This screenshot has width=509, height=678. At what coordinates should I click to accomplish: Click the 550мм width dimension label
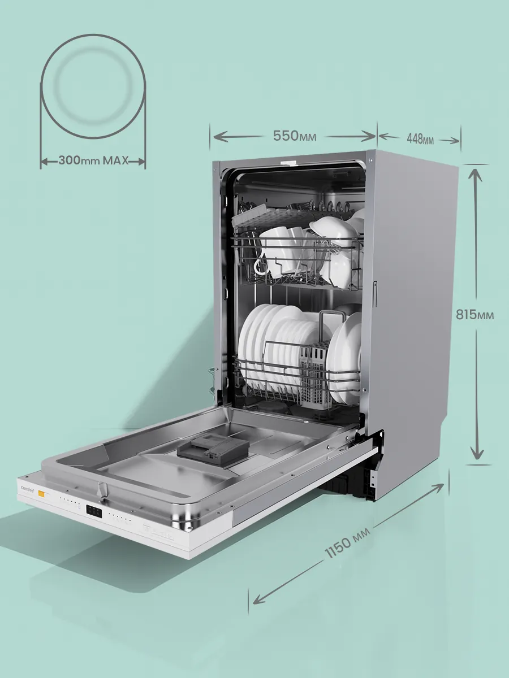click(295, 136)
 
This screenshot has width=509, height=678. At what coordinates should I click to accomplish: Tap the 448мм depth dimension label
click(420, 140)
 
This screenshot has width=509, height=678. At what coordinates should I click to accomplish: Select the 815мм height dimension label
click(475, 315)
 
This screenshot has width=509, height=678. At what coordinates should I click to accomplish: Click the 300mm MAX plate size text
click(93, 160)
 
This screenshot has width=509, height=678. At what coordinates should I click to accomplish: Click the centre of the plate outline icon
click(93, 87)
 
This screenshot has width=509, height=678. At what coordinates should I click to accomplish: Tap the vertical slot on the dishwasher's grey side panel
click(375, 294)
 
